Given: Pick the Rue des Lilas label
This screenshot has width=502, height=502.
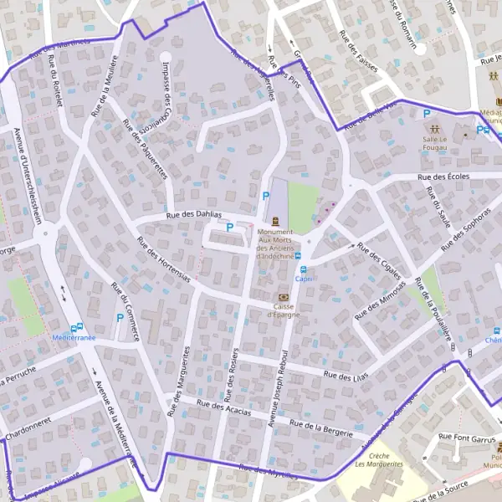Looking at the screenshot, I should (346, 377).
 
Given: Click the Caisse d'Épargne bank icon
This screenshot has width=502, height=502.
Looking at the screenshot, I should (283, 297).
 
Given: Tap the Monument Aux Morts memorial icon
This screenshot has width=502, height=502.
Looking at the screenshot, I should (275, 221).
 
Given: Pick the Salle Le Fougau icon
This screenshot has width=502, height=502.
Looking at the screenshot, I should (434, 129).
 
